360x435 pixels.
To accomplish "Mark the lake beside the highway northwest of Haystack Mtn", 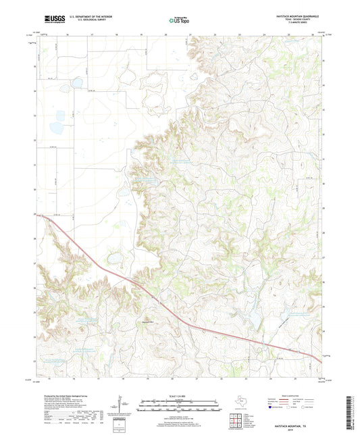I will click(x=113, y=257).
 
